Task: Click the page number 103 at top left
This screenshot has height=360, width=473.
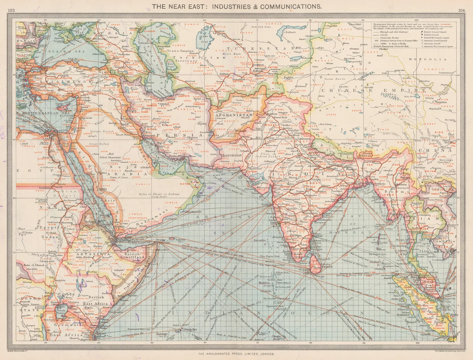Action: [11, 10]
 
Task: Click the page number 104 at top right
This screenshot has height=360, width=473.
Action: [461, 10]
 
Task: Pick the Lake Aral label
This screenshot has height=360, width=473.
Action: [204, 39]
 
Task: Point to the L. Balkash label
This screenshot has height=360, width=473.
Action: [289, 32]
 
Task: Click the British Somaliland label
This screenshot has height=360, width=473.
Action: [132, 256]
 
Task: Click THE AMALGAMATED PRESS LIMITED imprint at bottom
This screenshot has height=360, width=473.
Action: [236, 354]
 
